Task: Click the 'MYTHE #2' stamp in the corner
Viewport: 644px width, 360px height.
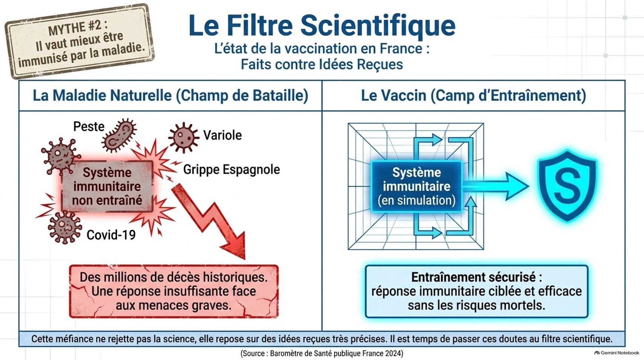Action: (80, 42)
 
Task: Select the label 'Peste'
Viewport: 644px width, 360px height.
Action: (89, 127)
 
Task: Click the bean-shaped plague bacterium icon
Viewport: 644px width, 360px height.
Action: (119, 135)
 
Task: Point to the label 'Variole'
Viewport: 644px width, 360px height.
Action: (222, 135)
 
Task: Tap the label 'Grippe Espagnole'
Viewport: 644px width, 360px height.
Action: (231, 170)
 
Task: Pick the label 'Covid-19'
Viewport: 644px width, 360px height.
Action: (111, 235)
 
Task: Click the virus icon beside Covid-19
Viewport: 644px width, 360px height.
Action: (65, 227)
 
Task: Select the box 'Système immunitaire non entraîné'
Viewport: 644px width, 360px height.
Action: (107, 186)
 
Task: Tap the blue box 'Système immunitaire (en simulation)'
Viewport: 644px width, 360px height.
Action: (416, 187)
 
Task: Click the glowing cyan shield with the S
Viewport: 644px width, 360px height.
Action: (567, 185)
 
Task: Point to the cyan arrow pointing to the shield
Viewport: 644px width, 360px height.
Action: (495, 186)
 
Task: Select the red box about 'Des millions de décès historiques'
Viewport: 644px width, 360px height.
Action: (174, 291)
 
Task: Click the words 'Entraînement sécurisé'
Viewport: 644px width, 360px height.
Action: (473, 277)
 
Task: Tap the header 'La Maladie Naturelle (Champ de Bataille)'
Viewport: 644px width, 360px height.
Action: (171, 96)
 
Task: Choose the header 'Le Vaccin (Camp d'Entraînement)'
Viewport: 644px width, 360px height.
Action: (473, 96)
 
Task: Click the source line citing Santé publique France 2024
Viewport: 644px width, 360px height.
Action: (322, 353)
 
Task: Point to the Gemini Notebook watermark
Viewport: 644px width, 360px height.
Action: (616, 353)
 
